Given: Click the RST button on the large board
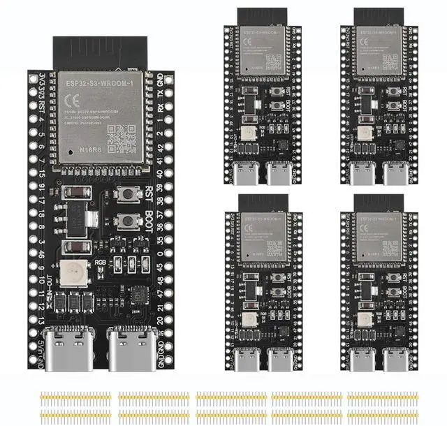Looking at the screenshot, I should pyautogui.click(x=126, y=195).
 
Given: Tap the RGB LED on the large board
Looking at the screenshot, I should pyautogui.click(x=71, y=273).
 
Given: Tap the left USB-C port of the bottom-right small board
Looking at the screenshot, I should pyautogui.click(x=363, y=359).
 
